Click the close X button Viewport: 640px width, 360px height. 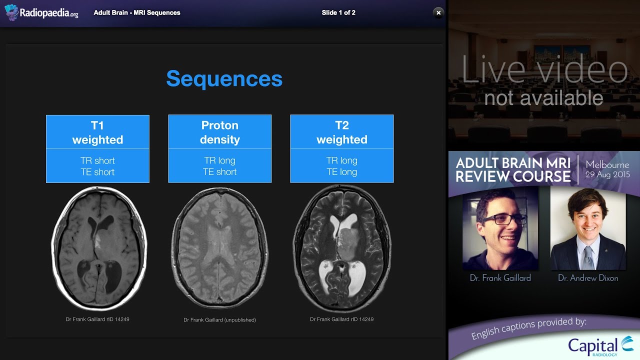[x=438, y=13]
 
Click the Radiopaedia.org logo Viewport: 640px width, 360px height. [x=41, y=13]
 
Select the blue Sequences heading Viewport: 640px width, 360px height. [x=224, y=79]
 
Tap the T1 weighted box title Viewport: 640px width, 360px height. [x=97, y=132]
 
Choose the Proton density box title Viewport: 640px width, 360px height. [x=219, y=132]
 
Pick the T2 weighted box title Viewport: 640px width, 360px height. [x=341, y=132]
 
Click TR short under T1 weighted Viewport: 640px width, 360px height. [x=97, y=160]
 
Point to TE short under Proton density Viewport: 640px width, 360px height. [x=219, y=172]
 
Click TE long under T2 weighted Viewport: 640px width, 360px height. [x=341, y=172]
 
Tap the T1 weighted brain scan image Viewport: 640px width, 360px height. [x=97, y=248]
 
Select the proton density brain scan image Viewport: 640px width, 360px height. [x=219, y=249]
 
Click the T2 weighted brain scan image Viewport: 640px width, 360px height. [x=341, y=248]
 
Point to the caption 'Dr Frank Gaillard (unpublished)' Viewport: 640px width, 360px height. [x=219, y=320]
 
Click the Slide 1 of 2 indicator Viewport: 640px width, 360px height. [x=338, y=13]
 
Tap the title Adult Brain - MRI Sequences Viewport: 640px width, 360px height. [x=137, y=13]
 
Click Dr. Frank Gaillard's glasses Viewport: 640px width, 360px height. [x=505, y=219]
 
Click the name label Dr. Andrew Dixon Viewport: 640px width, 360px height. [x=588, y=278]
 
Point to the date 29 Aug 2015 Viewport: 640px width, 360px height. [x=607, y=175]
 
